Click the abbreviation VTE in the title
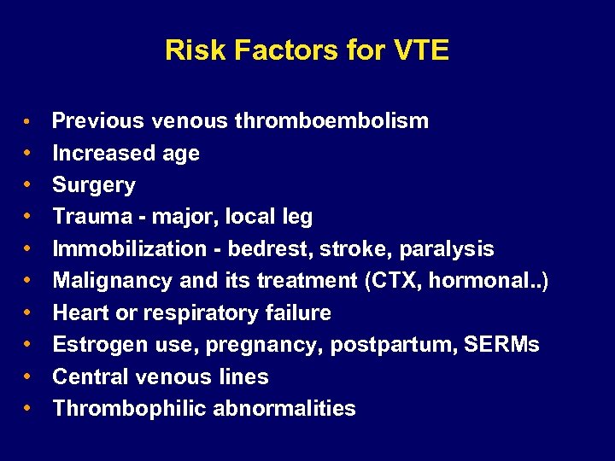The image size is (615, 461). (421, 50)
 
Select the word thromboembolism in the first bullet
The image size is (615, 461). (331, 121)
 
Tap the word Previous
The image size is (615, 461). (98, 121)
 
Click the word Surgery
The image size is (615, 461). (94, 185)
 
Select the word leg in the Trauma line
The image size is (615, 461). (296, 217)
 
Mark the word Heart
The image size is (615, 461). (80, 313)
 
